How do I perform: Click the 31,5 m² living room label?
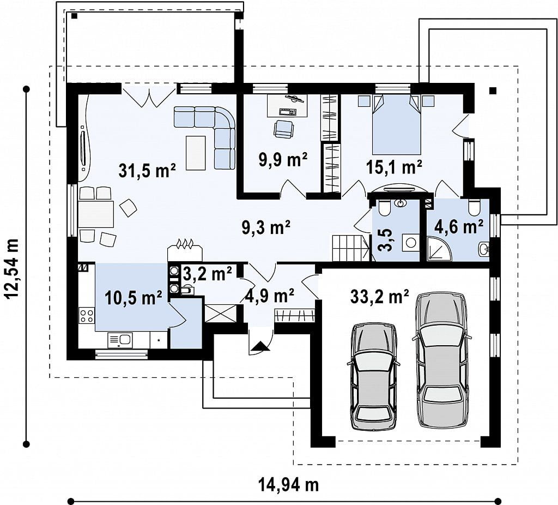(x=147, y=170)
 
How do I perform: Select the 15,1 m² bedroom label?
(x=395, y=167)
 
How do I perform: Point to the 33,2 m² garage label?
(x=379, y=296)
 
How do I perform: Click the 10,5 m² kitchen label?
(x=134, y=297)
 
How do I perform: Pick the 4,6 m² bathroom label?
(x=458, y=226)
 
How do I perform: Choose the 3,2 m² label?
(x=208, y=274)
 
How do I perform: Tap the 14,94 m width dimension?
(x=288, y=484)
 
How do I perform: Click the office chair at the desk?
(x=283, y=129)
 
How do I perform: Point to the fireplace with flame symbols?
(x=185, y=251)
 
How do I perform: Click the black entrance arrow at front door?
(x=260, y=346)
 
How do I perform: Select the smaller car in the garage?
(x=374, y=377)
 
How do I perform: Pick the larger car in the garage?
(x=441, y=360)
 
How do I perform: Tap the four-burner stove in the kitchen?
(x=87, y=316)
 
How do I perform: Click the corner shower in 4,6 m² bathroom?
(x=440, y=248)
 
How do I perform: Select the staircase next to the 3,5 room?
(x=351, y=248)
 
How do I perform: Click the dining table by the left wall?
(x=96, y=214)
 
